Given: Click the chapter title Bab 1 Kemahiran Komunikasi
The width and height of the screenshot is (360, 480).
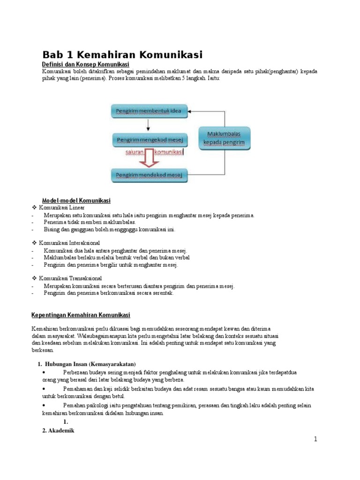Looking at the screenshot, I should (122, 55).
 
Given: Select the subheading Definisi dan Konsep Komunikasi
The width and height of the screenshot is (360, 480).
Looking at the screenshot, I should (85, 64).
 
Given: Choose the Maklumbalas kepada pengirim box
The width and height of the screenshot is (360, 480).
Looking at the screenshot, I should (225, 138).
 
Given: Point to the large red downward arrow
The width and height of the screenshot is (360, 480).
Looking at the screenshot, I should (149, 157).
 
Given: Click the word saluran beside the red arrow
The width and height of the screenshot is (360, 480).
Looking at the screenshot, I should (135, 152).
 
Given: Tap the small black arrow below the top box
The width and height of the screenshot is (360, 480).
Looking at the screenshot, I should (148, 125).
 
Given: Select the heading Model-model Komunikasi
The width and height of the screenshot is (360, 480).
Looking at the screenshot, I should (76, 200).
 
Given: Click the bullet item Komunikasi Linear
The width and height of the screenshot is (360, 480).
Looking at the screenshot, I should (62, 208).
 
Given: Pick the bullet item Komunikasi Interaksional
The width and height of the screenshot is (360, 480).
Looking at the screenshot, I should (69, 243).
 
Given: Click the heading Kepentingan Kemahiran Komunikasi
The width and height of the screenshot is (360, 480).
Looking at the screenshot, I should (81, 315).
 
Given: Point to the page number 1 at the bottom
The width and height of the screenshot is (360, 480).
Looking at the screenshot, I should (316, 439).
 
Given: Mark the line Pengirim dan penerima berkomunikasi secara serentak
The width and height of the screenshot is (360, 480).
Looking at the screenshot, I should (109, 293).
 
